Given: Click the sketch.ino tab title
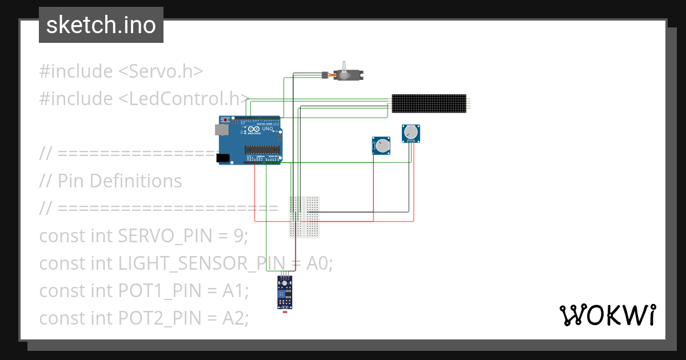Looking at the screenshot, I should coord(101,25).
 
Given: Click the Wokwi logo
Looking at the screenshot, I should coord(607,315).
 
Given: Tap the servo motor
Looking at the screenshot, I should coord(349,74).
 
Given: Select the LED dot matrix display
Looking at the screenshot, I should coord(429,103).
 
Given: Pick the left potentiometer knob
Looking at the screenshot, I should coord(381,146).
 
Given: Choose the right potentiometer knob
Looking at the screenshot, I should coord(410,134).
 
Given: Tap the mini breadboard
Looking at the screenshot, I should coord(304,216).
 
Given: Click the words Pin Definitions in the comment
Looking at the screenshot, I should coord(119,181).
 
